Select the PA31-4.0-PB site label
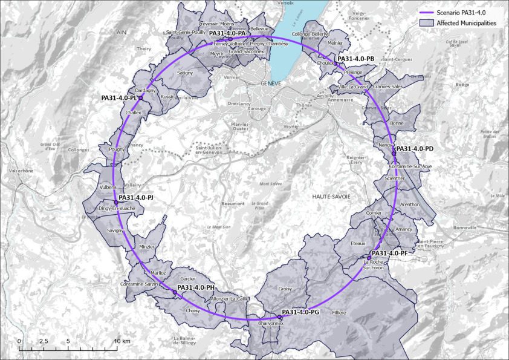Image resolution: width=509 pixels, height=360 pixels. click(x=355, y=59)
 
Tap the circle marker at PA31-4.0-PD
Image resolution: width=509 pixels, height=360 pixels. click(x=394, y=154)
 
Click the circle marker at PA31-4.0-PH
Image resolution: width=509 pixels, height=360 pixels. click(x=175, y=292)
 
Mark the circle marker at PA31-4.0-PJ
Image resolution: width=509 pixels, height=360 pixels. click(x=115, y=202)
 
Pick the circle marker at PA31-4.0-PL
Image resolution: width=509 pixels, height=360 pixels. click(x=140, y=97)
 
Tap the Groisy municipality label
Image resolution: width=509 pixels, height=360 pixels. click(x=285, y=289)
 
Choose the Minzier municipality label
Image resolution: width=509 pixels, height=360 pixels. click(x=147, y=246)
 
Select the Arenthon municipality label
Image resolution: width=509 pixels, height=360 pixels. click(x=409, y=205)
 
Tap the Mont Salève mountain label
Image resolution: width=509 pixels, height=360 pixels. click(x=271, y=184)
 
